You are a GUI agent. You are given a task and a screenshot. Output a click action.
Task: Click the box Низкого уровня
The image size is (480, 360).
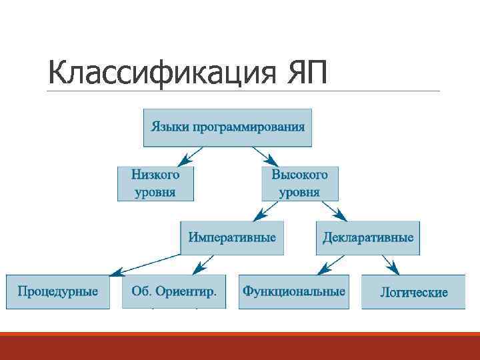[x=156, y=183]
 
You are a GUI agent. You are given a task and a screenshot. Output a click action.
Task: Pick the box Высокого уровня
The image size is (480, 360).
[x=299, y=183]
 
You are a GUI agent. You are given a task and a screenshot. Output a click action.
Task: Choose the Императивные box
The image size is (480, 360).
[x=232, y=238]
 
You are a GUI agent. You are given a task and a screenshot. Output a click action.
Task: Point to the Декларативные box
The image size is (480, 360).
[x=368, y=238]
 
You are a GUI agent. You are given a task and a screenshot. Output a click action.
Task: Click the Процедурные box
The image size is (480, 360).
[x=57, y=291]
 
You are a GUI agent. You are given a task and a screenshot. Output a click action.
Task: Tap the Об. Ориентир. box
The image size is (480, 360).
[x=173, y=291]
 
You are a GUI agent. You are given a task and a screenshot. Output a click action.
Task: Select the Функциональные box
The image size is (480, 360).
[x=294, y=291]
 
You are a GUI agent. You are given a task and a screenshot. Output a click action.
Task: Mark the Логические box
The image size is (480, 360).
[x=413, y=292]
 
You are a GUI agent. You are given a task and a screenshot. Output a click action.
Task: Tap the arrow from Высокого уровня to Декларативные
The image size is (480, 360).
[x=335, y=211]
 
